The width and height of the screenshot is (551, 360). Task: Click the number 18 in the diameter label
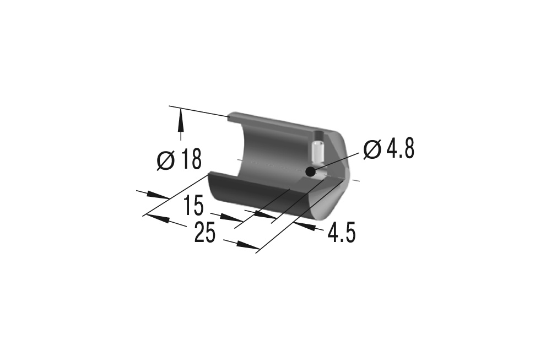click(192, 159)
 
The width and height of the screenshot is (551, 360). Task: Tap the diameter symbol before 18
click(165, 160)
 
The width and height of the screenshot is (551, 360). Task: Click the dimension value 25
click(205, 233)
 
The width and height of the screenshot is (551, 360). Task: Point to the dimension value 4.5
click(342, 233)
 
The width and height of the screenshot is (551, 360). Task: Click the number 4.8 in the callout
click(400, 149)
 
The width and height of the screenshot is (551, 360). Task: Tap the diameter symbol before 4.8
click(372, 149)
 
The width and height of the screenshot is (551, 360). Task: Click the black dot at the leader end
click(310, 172)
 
